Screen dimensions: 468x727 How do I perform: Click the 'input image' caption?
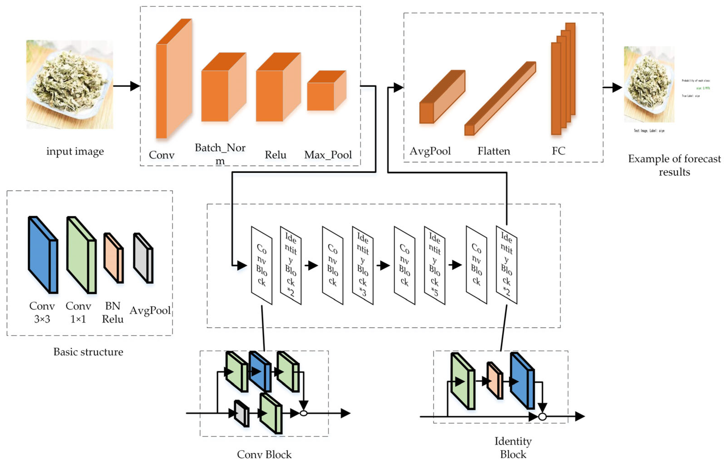[75, 151]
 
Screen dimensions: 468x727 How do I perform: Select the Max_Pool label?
[328, 155]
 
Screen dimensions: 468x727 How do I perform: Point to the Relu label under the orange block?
[275, 155]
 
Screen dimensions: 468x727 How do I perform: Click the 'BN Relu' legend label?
[113, 312]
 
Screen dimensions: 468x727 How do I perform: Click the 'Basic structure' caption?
[88, 352]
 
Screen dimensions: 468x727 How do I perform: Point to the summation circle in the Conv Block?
[303, 413]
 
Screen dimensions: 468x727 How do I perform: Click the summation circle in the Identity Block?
[542, 417]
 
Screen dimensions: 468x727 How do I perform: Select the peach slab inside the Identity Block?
[494, 381]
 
